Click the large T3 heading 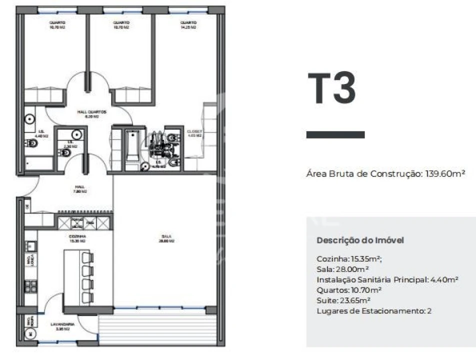pos(331,89)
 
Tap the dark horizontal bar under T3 pos(335,134)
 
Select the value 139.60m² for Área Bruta pos(445,174)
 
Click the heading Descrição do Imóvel pos(360,240)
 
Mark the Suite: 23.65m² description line pos(343,300)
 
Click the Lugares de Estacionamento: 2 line pos(374,311)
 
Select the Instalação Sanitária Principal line pos(387,280)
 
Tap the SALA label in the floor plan pos(164,238)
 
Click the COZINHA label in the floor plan pos(78,237)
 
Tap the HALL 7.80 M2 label pos(80,189)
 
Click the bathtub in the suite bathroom pos(132,145)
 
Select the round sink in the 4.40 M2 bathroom pos(30,119)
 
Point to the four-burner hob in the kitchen pos(30,286)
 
